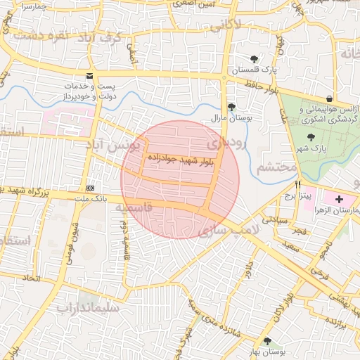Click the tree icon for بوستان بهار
267,340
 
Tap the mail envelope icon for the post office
89,75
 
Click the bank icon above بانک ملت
91,188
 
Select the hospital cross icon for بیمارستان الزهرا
340,200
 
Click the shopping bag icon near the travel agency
329,98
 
